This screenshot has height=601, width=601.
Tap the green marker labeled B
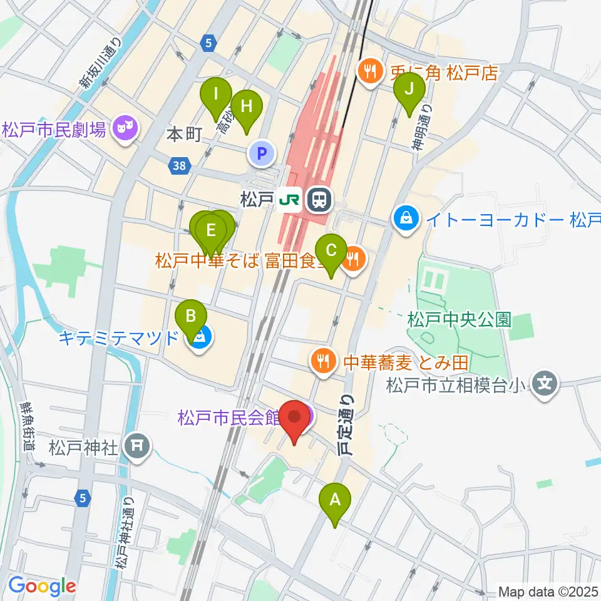[190, 316]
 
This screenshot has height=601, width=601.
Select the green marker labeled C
[331, 250]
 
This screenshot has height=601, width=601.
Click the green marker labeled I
[216, 94]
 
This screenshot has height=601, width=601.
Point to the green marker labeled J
[409, 89]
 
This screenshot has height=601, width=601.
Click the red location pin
[294, 418]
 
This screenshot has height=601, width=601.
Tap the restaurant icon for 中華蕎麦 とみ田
[323, 361]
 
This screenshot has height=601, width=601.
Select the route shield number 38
[180, 166]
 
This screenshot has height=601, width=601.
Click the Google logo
[42, 586]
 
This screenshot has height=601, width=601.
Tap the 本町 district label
[183, 135]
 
